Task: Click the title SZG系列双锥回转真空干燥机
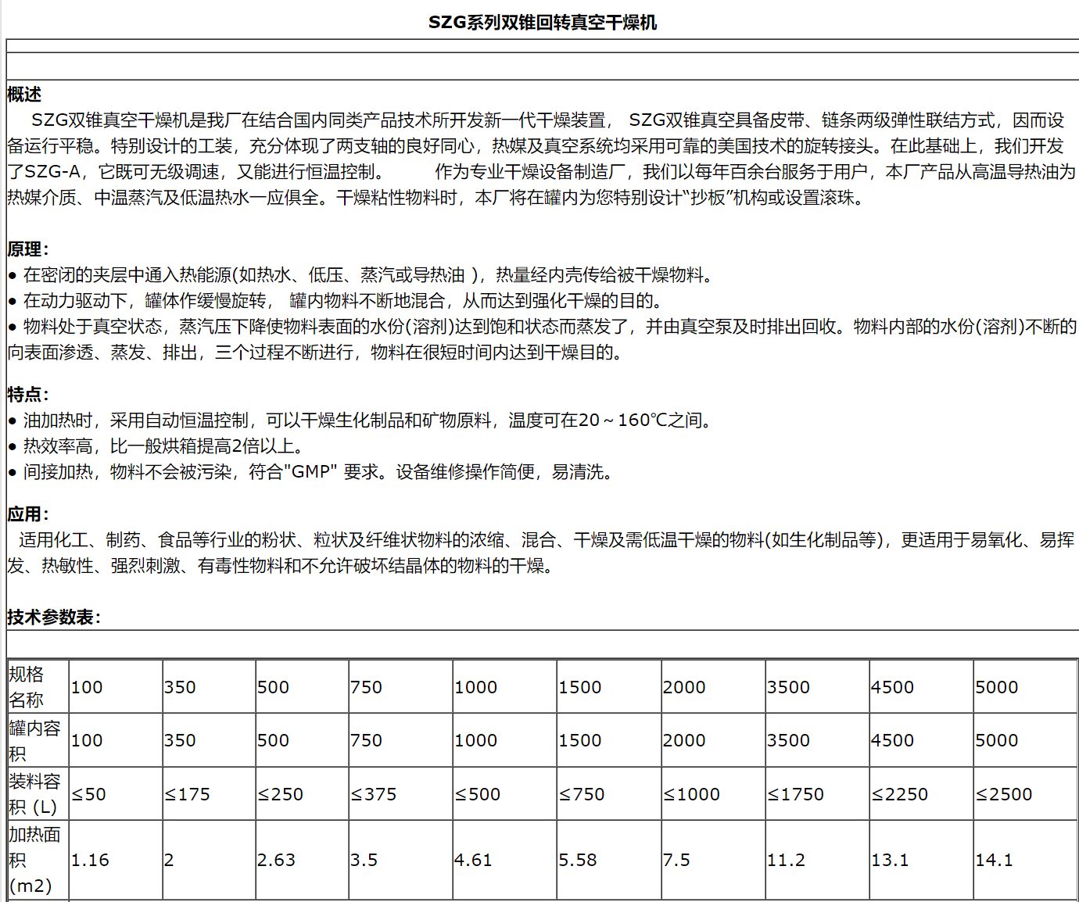tap(542, 23)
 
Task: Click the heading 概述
tap(24, 95)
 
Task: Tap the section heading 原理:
tap(28, 249)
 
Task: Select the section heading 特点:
tap(28, 394)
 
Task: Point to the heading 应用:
tap(28, 514)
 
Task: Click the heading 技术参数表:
tap(54, 617)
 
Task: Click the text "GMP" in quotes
tap(310, 472)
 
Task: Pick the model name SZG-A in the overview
tap(52, 172)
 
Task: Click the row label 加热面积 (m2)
tap(34, 860)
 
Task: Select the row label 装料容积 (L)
tap(34, 794)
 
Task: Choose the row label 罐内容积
tap(34, 741)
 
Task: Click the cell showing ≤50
tap(89, 794)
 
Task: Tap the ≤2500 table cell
tap(1004, 794)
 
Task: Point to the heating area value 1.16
tap(90, 860)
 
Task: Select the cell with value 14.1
tap(994, 860)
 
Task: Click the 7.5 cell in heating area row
tap(676, 860)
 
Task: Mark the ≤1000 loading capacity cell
tap(691, 794)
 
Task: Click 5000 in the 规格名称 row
tap(996, 687)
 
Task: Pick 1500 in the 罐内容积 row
tap(579, 740)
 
